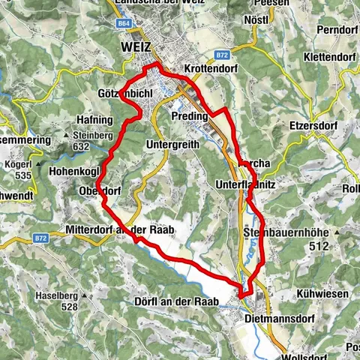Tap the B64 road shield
[124, 23]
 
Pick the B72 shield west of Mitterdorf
[40, 238]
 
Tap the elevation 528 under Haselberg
[70, 307]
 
